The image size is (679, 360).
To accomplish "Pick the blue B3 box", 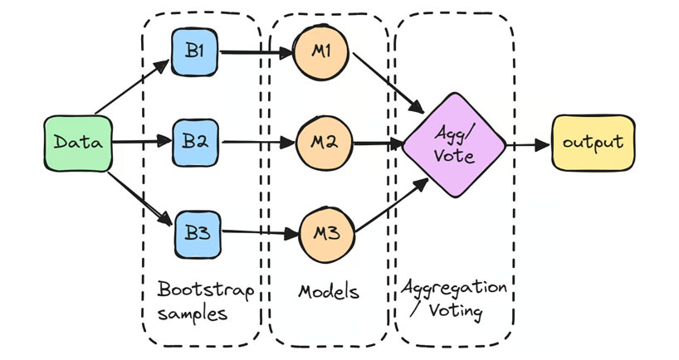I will pyautogui.click(x=196, y=232).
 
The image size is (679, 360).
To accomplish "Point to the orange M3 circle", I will pyautogui.click(x=326, y=232).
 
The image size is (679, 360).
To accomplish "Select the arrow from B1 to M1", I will pyautogui.click(x=257, y=55).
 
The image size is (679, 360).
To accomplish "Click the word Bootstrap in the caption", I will pyautogui.click(x=205, y=293).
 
